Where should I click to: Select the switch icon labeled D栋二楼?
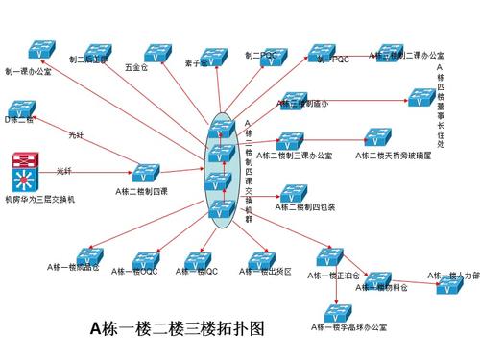pos(21,105)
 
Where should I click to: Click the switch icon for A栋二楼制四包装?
pos(292,192)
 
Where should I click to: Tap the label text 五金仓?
pos(136,69)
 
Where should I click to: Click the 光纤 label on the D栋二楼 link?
pos(78,134)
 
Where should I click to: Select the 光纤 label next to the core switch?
pos(64,171)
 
